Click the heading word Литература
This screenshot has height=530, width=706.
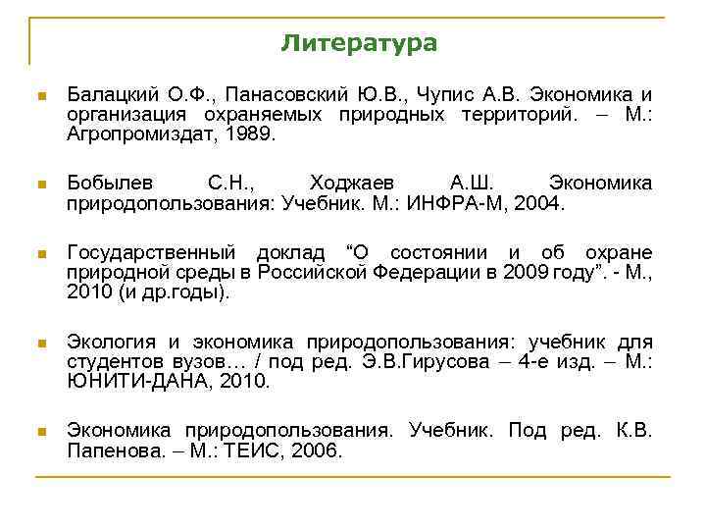pos(359,43)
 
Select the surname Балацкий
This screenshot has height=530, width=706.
pos(108,95)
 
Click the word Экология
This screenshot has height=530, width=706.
pos(110,342)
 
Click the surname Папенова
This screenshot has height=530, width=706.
pos(109,450)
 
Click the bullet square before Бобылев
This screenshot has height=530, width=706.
pos(40,183)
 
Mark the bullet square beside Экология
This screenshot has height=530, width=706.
pos(40,343)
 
